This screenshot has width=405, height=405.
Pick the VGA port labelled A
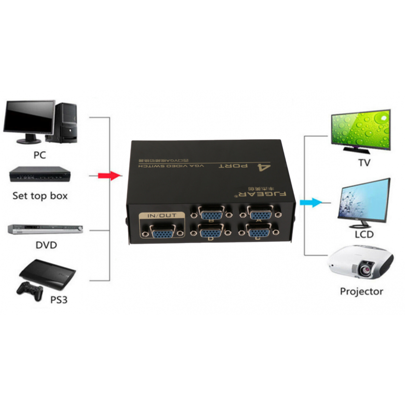[260, 212]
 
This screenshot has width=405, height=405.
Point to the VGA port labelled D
[210, 233]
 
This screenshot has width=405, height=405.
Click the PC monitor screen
[29, 117]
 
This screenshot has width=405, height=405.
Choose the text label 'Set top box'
[39, 195]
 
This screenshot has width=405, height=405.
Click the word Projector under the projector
[361, 291]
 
